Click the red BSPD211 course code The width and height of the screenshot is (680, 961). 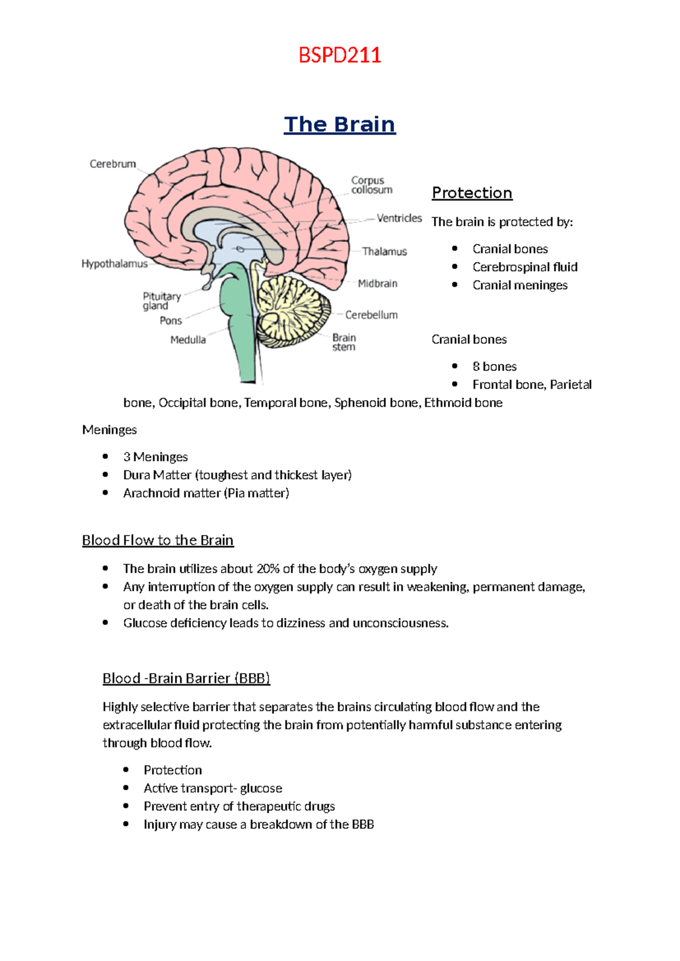339,56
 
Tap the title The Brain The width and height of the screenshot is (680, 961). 339,124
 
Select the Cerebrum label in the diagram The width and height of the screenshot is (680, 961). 113,164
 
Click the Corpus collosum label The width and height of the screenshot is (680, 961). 371,185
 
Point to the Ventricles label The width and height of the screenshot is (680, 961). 399,218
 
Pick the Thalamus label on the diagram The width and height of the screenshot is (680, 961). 384,252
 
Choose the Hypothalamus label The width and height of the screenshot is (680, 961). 114,264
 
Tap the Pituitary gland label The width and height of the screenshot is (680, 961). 161,301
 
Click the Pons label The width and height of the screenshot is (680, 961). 171,321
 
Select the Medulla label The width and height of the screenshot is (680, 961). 188,340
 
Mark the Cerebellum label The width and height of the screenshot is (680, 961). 371,315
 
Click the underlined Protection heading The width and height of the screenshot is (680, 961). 472,193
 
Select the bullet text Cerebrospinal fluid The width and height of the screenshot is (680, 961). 525,267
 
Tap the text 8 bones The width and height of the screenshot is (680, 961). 494,367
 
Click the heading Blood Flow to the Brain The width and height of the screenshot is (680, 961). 158,540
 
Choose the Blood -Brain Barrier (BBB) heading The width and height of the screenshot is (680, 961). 186,678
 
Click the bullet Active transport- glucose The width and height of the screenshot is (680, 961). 212,788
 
